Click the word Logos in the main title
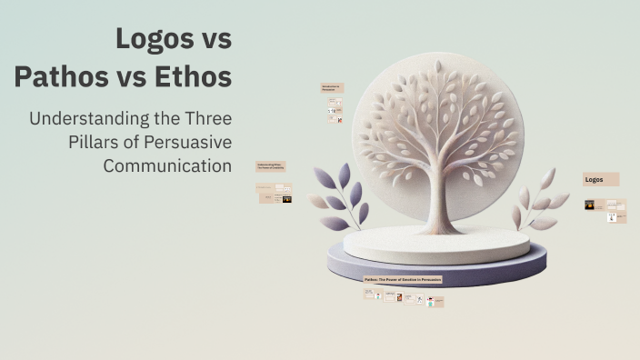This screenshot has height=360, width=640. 148,41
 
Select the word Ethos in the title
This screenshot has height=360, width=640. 194,78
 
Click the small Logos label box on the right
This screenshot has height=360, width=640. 601,179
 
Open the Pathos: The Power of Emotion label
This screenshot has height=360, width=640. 403,280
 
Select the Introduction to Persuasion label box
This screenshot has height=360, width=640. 331,88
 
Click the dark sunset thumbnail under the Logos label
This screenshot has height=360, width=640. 590,205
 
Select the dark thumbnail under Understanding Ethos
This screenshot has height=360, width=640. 286,197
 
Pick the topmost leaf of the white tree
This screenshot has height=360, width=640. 437,67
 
